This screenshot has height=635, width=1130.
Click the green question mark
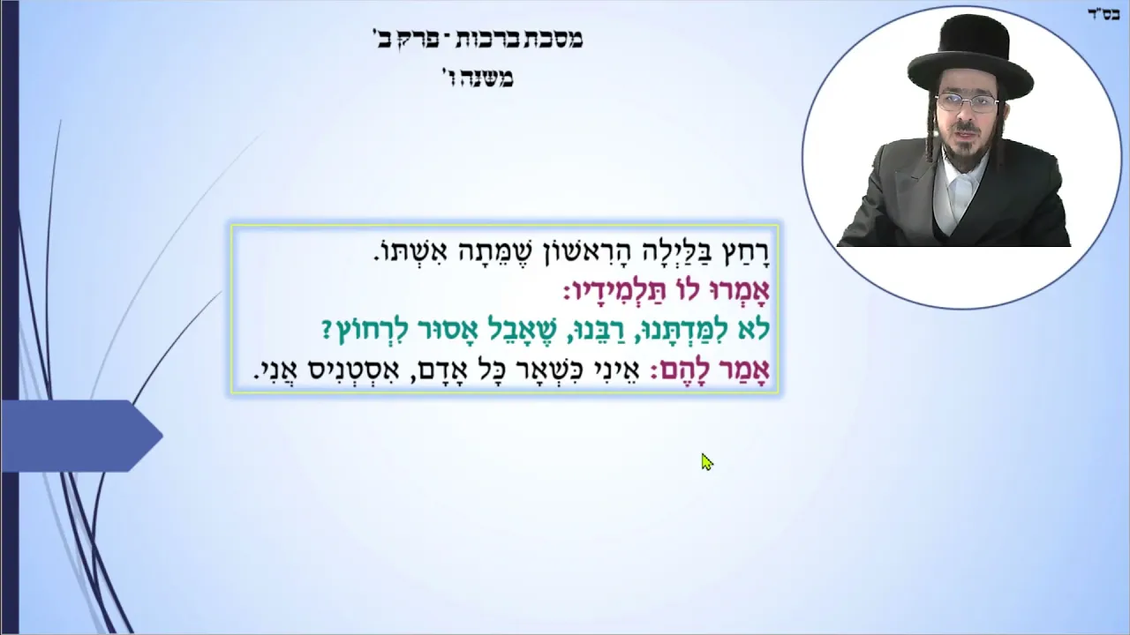327,330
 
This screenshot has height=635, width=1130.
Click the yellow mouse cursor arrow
707,462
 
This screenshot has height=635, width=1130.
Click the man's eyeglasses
967,103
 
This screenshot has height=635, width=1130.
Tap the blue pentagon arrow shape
81,436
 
